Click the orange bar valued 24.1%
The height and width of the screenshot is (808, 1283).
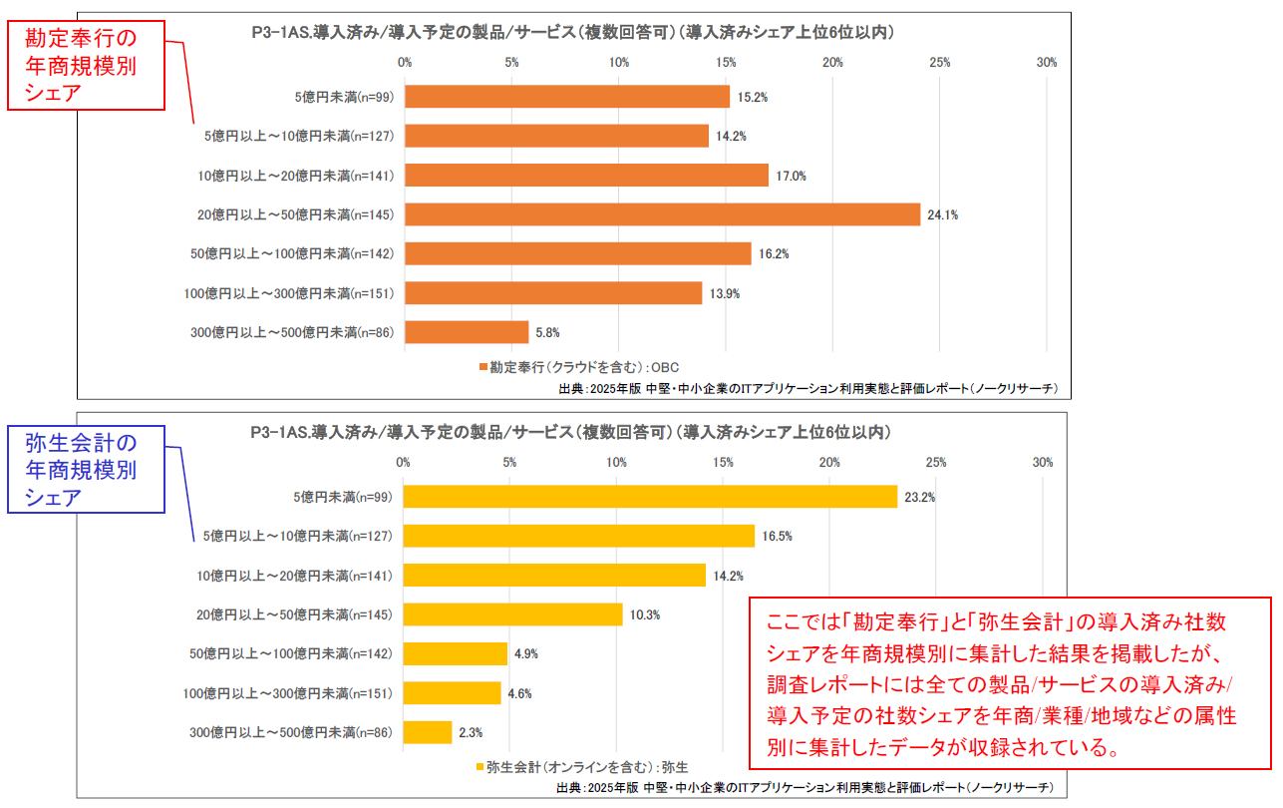coord(662,214)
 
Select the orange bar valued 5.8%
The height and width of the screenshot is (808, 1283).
coord(467,332)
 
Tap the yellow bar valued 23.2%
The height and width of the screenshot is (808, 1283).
coord(650,497)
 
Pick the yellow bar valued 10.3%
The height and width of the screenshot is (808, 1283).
coord(512,614)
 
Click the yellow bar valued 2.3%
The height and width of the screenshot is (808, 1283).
coord(428,732)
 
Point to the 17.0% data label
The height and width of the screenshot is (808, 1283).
coord(792,177)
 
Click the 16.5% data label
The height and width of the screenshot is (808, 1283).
coord(778,537)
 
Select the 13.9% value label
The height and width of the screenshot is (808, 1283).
coord(725,293)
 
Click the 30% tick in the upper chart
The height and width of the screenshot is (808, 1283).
coord(1046,63)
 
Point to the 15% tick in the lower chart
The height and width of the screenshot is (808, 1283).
coord(723,463)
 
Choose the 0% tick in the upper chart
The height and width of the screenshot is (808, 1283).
coord(405,63)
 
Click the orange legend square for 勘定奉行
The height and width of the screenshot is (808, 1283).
coord(482,367)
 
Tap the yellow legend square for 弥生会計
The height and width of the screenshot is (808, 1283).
coord(481,767)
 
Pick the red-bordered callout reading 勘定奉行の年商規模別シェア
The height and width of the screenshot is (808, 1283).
coord(85,65)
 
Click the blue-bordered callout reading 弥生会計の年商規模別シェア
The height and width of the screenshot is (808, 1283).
coord(86,470)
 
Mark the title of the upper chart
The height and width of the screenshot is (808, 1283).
coord(572,33)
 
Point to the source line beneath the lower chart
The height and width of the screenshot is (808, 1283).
coord(804,788)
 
